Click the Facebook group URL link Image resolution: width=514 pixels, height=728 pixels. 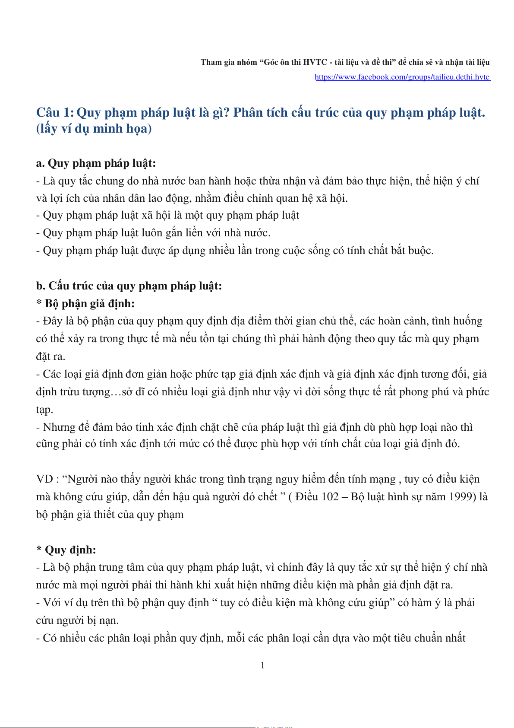coord(402,77)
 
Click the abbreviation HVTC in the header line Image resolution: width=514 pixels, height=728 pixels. coord(315,62)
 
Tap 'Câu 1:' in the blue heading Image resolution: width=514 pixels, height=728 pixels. coord(55,113)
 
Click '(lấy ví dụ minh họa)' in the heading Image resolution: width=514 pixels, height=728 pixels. coord(94,129)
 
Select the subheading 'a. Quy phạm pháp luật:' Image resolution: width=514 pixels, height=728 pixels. coord(96,163)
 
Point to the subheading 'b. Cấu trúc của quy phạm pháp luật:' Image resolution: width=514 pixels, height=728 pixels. coord(129,286)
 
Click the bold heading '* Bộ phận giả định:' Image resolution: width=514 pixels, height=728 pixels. coord(85,304)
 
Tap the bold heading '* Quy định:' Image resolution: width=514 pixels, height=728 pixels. coord(66,550)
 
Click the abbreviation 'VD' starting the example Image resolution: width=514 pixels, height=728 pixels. coord(44,479)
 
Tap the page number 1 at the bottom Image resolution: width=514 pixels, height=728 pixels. coord(263,665)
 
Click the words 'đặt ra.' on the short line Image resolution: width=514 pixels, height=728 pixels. coord(50,356)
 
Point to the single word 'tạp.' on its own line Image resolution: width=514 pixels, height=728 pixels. coord(44,410)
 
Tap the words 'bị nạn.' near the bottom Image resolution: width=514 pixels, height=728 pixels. coord(103,620)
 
